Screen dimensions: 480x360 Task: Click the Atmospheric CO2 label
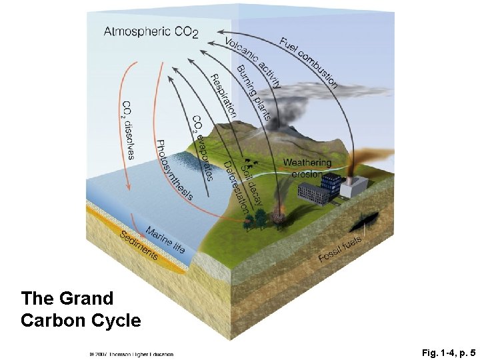(x=151, y=31)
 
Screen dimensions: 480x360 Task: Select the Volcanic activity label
(x=253, y=63)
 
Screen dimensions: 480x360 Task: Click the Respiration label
(x=223, y=95)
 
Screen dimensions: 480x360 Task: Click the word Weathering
(x=307, y=163)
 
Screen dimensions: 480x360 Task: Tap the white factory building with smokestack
(x=353, y=187)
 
